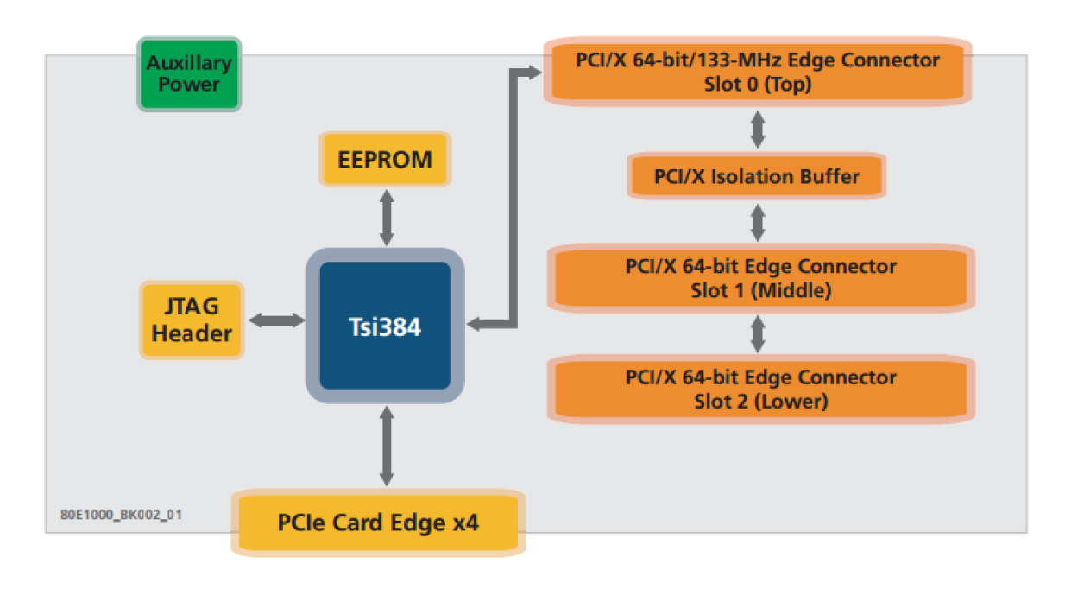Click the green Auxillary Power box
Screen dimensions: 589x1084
click(189, 74)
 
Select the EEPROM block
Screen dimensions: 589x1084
click(385, 160)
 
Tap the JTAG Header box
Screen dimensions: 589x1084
click(192, 320)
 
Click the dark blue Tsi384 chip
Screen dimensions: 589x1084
click(385, 326)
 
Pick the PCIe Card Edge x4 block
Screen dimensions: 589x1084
click(378, 522)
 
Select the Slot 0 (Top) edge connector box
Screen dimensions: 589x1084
click(758, 73)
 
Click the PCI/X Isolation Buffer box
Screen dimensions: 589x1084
click(757, 177)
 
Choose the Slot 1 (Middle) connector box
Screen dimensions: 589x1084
click(760, 278)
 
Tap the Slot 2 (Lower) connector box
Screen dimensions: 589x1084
click(760, 389)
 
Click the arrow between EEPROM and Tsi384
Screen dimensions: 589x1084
click(386, 218)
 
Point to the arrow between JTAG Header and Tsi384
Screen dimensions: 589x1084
click(275, 320)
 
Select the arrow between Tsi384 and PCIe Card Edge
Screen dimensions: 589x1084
click(386, 446)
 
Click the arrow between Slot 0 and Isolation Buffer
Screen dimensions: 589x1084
click(758, 129)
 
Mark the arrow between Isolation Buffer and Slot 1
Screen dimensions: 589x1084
click(758, 222)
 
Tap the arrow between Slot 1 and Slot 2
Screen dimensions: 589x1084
click(758, 334)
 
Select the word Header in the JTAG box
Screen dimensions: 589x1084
click(192, 332)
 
